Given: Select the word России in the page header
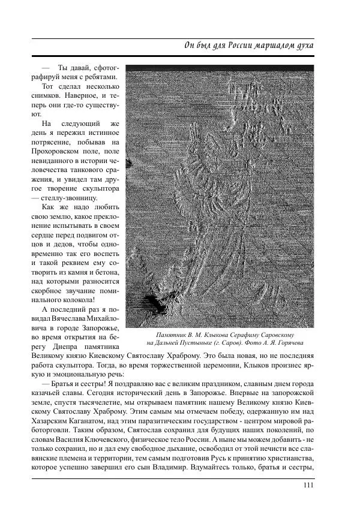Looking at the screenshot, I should point(225,46).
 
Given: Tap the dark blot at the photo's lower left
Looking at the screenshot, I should point(151,305).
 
